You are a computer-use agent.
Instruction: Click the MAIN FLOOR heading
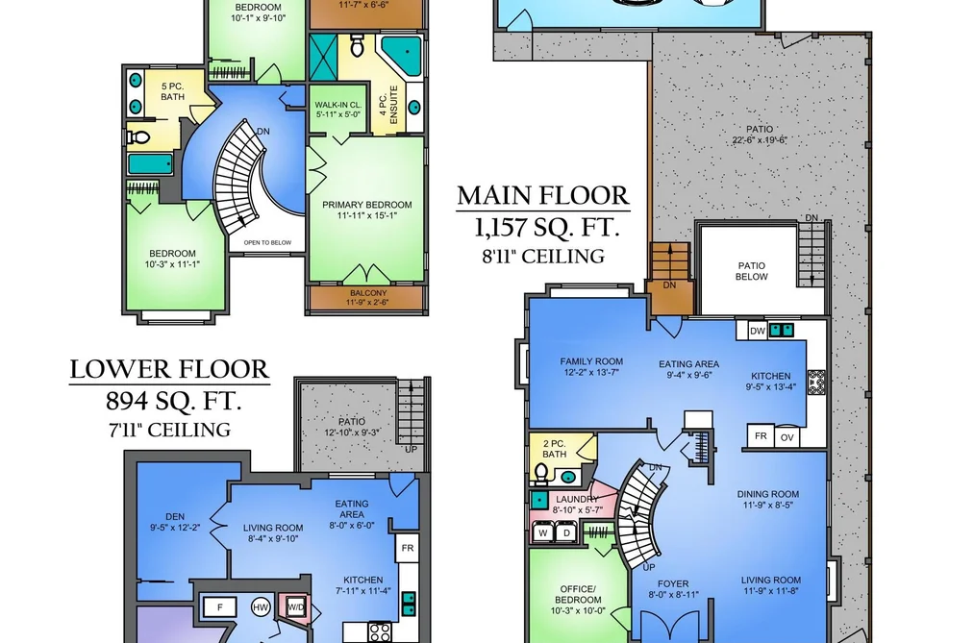(543, 195)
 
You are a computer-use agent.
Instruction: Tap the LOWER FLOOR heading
(169, 369)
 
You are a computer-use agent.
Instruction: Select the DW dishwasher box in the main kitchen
(758, 331)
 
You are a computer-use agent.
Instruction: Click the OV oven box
(787, 437)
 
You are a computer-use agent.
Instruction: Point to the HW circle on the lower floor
(261, 607)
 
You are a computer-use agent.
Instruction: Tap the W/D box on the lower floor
(296, 606)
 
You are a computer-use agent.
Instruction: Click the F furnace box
(220, 607)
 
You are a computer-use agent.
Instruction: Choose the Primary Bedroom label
(366, 210)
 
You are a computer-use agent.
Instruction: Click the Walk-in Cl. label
(337, 110)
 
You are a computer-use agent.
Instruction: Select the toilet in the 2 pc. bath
(541, 474)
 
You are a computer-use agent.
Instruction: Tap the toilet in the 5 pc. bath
(138, 136)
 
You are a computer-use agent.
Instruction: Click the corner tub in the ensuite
(401, 55)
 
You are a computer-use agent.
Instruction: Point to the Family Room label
(591, 367)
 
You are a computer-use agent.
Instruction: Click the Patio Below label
(752, 271)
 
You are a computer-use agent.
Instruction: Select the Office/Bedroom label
(578, 600)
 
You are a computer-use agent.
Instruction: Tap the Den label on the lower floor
(175, 522)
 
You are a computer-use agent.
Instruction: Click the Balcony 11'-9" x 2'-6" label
(368, 298)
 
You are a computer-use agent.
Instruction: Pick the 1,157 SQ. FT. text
(547, 228)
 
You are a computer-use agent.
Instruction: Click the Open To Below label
(267, 242)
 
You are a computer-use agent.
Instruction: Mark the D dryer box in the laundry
(566, 532)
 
